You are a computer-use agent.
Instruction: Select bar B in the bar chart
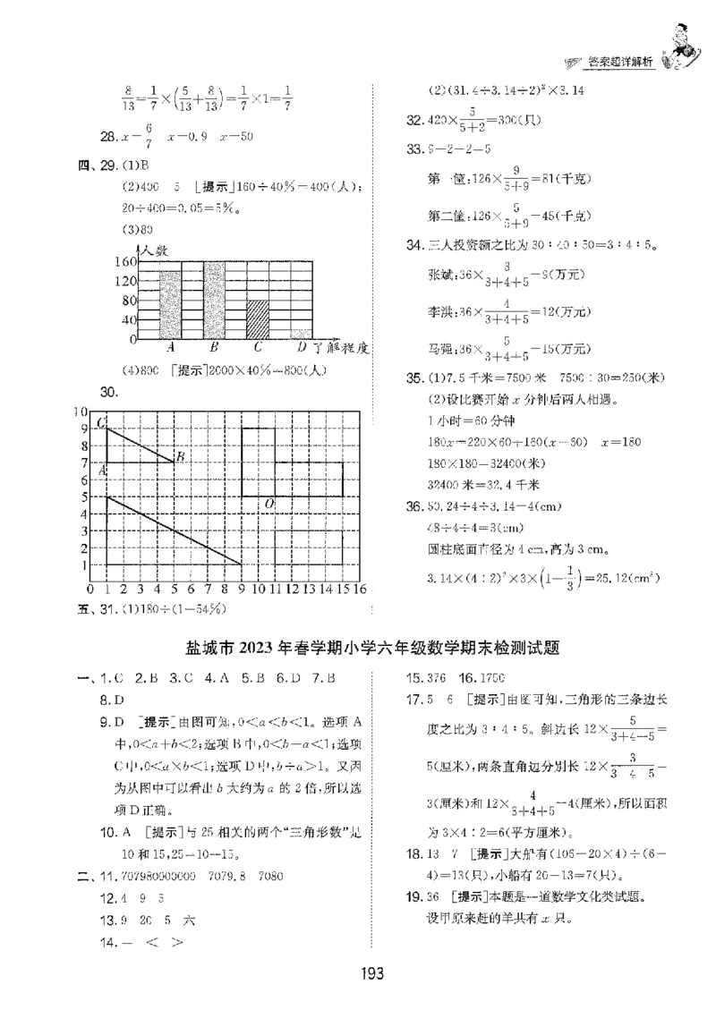(x=215, y=301)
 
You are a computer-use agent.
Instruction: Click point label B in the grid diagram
(x=180, y=458)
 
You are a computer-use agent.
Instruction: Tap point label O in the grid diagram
(x=267, y=505)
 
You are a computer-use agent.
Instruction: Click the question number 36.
(x=413, y=507)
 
